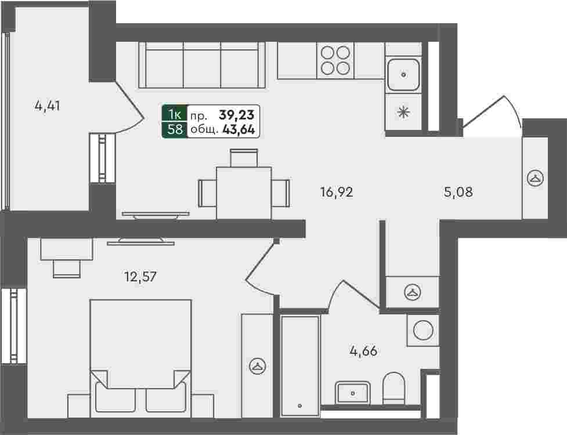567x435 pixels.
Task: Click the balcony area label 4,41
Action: click(x=48, y=106)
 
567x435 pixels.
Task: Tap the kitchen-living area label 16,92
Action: click(x=337, y=192)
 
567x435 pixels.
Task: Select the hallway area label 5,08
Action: click(x=458, y=192)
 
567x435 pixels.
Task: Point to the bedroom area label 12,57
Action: click(x=140, y=277)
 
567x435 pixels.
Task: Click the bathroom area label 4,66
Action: click(x=363, y=351)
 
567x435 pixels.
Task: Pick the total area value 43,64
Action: click(x=239, y=129)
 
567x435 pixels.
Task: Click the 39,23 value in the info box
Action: click(x=237, y=115)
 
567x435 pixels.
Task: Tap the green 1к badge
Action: click(x=175, y=114)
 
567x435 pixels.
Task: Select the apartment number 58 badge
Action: click(x=175, y=129)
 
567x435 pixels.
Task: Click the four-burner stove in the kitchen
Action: click(x=335, y=60)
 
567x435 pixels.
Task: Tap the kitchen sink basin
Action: click(x=403, y=75)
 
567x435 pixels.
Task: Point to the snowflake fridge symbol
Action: click(x=403, y=113)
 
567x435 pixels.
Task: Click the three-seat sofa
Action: click(x=202, y=65)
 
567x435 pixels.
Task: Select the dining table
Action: click(x=244, y=193)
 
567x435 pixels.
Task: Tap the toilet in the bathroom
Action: click(x=393, y=389)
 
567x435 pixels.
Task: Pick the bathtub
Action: click(x=300, y=365)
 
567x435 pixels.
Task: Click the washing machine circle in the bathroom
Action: click(x=423, y=330)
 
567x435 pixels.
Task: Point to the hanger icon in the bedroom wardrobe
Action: click(x=258, y=367)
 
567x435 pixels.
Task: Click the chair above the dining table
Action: click(x=244, y=158)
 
